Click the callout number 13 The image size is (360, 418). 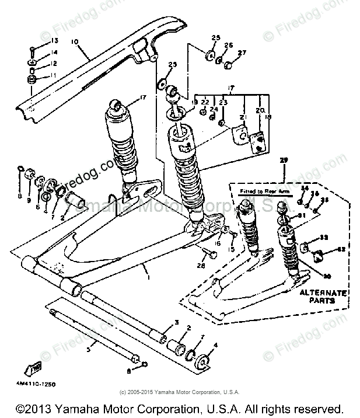[x=55, y=40]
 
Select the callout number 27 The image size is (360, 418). [x=242, y=52]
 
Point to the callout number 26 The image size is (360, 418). [x=228, y=45]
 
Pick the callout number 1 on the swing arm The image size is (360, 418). [x=149, y=277]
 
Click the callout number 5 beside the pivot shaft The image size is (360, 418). [x=88, y=349]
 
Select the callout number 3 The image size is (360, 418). [x=176, y=322]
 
